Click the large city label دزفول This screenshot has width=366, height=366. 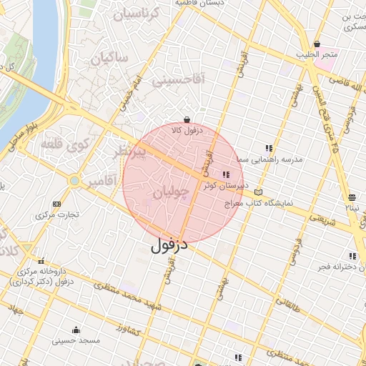(169, 245)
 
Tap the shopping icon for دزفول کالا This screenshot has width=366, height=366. (187, 120)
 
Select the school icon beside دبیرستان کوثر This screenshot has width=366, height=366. (227, 174)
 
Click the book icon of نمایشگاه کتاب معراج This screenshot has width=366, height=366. (258, 192)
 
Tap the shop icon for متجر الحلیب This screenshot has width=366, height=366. (317, 44)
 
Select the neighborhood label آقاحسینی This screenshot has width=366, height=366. (178, 80)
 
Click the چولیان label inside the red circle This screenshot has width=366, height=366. (172, 192)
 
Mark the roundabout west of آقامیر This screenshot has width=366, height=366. (74, 181)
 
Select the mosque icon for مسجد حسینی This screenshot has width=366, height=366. (76, 330)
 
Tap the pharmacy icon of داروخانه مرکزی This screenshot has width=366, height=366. (41, 262)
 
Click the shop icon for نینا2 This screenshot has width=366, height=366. (351, 197)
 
